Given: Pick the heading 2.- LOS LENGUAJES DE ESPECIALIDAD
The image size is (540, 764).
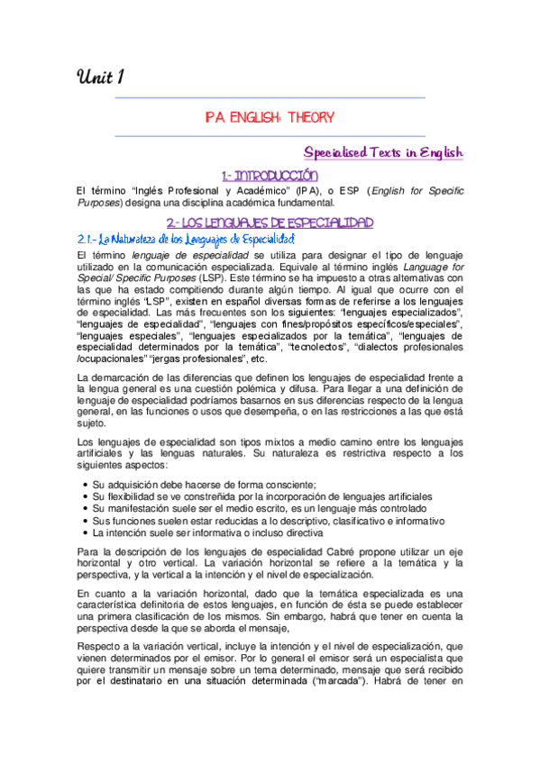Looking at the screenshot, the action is (x=270, y=222).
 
